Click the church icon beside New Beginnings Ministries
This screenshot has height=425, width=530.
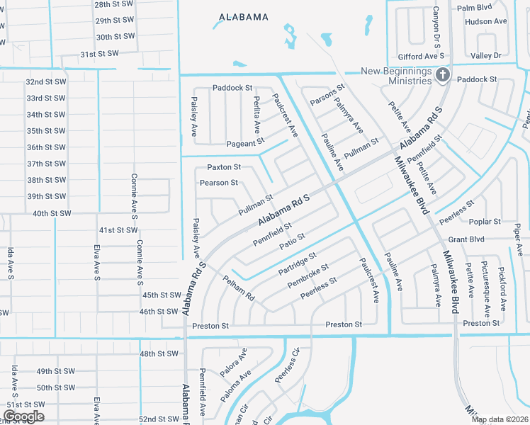[443, 74]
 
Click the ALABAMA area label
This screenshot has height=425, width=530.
[244, 16]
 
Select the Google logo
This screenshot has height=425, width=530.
[23, 416]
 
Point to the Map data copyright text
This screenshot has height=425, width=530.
[500, 419]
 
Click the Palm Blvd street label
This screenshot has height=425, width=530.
[495, 8]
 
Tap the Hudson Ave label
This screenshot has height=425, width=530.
[486, 21]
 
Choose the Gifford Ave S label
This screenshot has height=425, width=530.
[421, 55]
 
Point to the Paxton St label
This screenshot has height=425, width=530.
[224, 167]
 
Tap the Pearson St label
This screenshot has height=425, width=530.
[219, 183]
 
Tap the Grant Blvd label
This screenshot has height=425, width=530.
[466, 239]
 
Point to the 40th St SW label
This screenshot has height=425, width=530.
[52, 213]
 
